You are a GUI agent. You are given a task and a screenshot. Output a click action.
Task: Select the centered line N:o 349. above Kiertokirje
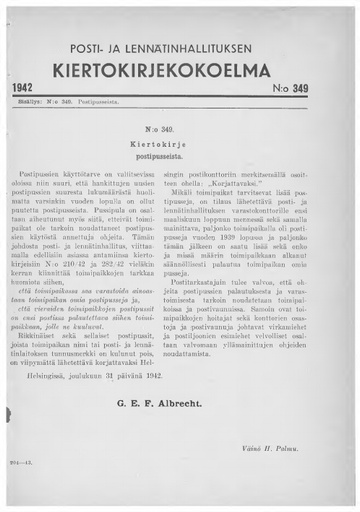click(180, 130)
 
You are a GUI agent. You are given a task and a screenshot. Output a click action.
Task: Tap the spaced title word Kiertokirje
click(180, 144)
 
